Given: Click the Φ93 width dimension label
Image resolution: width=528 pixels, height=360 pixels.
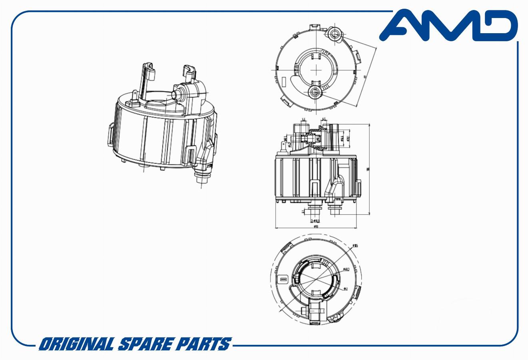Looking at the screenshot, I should [x=315, y=226].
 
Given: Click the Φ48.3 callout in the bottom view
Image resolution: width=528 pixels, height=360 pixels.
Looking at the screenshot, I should [x=346, y=269].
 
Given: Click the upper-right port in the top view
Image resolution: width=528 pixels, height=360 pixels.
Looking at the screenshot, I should [x=335, y=34].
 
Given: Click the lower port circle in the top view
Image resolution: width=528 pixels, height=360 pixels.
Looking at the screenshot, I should [x=315, y=92].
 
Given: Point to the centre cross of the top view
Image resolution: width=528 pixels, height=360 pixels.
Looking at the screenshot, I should [x=316, y=69].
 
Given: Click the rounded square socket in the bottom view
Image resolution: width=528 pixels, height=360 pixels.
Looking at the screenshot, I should [x=283, y=279].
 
